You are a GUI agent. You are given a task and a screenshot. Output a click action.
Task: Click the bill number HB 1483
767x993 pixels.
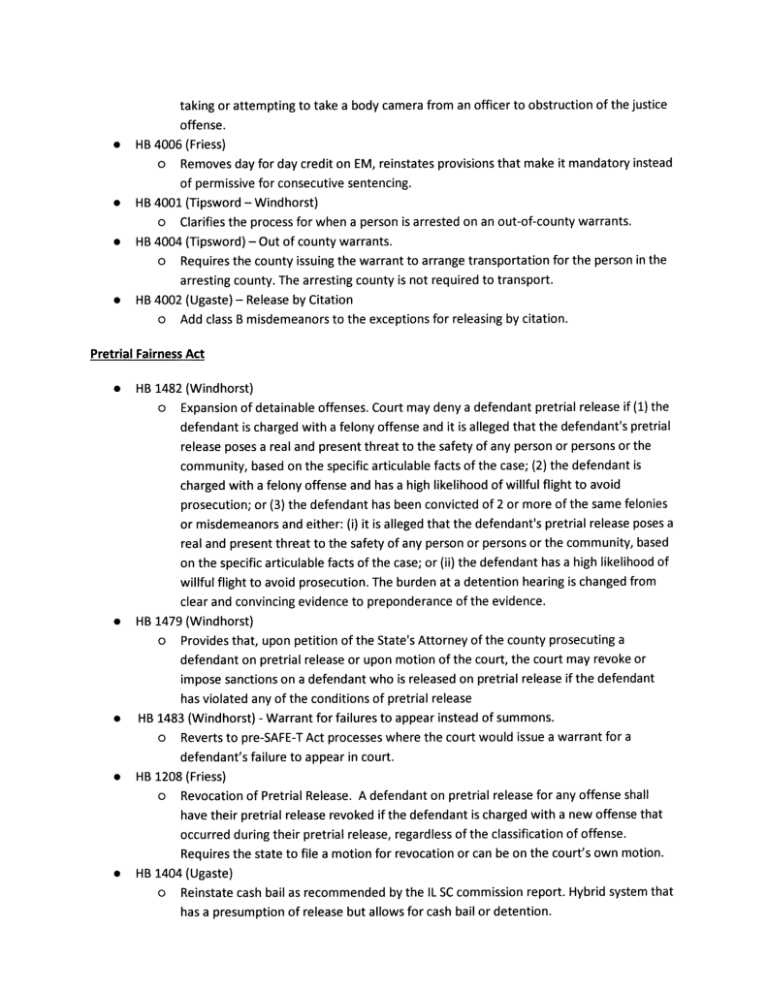pyautogui.click(x=161, y=719)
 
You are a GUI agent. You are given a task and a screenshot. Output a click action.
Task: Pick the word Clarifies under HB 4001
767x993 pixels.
pyautogui.click(x=206, y=221)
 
